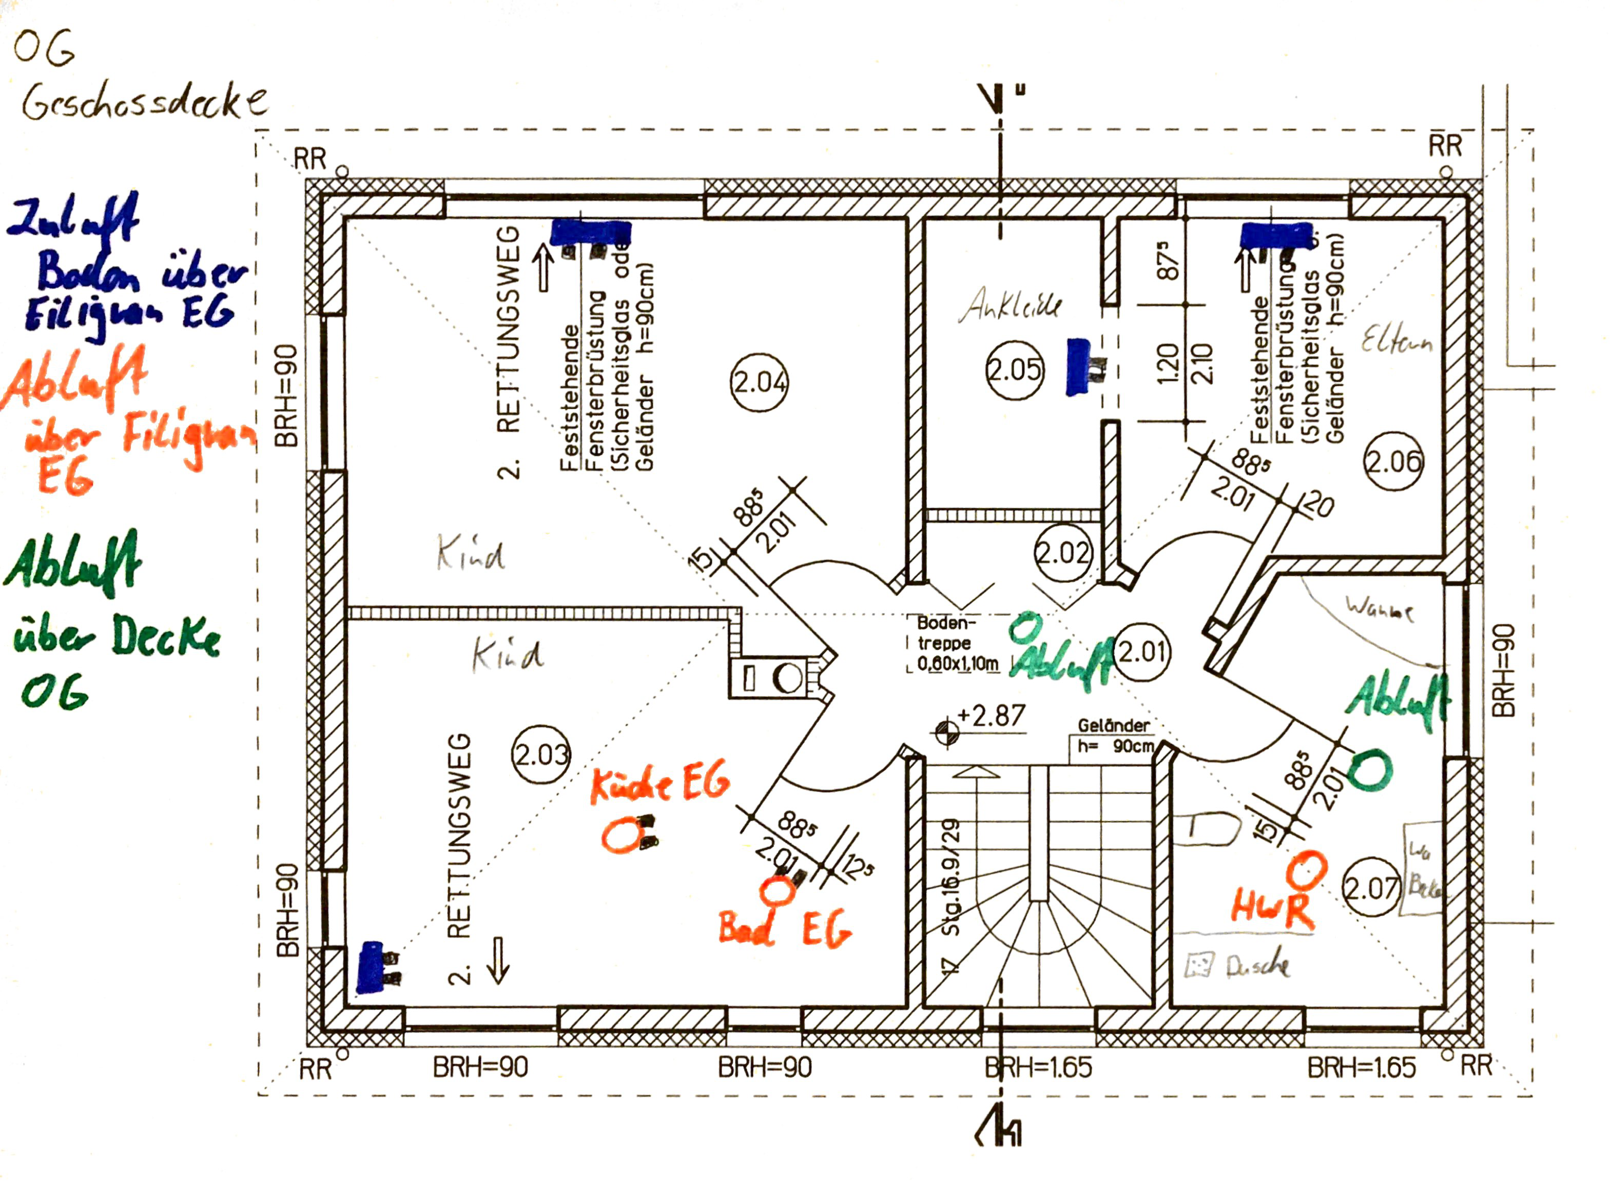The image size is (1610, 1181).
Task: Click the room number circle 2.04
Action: click(x=759, y=382)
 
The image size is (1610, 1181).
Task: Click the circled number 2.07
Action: click(x=1370, y=888)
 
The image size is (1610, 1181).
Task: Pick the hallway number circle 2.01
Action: click(x=1142, y=651)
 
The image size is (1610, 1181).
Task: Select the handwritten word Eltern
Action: click(x=1396, y=340)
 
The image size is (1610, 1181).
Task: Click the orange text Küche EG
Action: click(x=659, y=783)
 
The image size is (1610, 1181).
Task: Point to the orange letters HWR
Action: click(x=1273, y=909)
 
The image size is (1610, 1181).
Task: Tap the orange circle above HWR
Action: click(x=1306, y=870)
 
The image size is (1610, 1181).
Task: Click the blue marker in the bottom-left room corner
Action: click(x=371, y=967)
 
